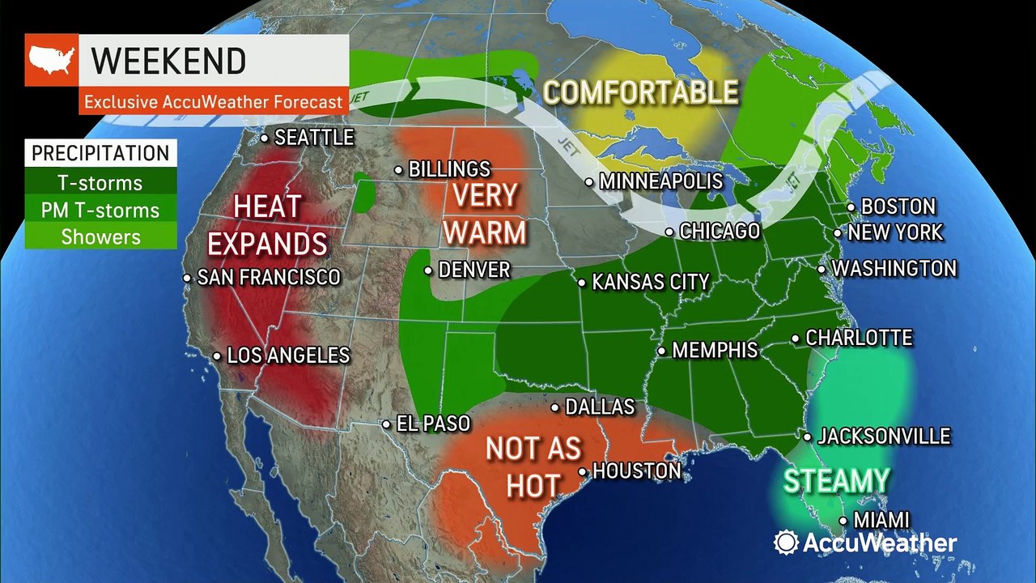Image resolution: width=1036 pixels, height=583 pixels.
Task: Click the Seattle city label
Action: coord(314,138)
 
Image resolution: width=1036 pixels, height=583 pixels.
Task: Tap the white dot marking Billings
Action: coord(399,170)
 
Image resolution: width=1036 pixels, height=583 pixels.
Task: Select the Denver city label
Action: coord(473,270)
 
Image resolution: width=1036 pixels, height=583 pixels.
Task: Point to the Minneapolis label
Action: coord(660,182)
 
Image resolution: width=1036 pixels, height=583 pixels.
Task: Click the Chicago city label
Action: coord(720,232)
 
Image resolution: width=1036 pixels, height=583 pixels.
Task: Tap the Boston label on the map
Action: coord(898,206)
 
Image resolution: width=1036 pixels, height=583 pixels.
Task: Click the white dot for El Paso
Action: coord(387,423)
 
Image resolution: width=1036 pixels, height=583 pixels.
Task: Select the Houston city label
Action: coord(636,470)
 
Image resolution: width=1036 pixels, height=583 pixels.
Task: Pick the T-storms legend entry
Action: coord(100,183)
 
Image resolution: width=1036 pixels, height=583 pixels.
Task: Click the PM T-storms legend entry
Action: coord(100,211)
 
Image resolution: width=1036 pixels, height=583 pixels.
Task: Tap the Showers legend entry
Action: coord(100,237)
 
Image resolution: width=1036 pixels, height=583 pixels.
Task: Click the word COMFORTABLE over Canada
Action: coord(640,92)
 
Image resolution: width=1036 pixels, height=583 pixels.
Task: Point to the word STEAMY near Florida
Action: coord(836,481)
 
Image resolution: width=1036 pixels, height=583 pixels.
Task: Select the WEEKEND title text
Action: coord(168,62)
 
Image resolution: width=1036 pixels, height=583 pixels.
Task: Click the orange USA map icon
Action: coord(51,60)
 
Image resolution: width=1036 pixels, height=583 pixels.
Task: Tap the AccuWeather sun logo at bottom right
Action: coord(786,543)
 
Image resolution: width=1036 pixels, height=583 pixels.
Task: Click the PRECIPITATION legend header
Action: coord(100,153)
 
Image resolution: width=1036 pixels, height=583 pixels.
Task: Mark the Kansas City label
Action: coord(651,283)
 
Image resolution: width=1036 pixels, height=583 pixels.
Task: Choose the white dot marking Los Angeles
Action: coord(217,355)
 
